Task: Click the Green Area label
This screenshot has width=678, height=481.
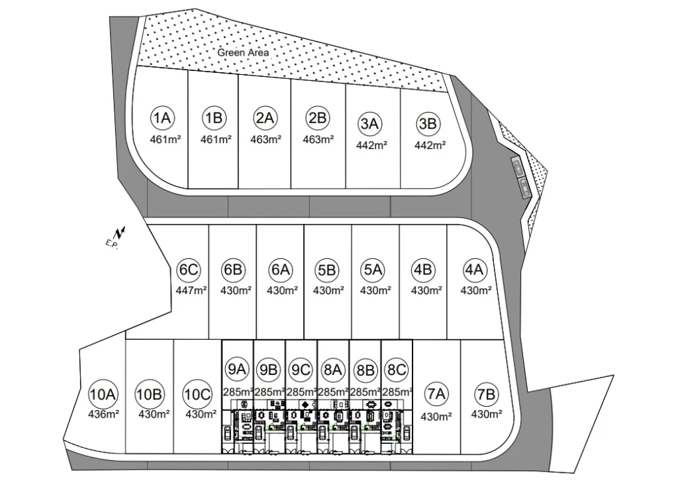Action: [242, 52]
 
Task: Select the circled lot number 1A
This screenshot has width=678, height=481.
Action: [163, 118]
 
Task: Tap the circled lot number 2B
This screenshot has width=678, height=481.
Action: [317, 118]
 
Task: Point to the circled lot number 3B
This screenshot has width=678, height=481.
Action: [428, 124]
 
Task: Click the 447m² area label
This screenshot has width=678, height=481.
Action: [191, 290]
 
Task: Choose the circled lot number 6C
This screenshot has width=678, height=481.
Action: [189, 270]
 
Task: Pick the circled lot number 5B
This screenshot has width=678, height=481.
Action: [326, 270]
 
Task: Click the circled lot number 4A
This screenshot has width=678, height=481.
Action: [474, 270]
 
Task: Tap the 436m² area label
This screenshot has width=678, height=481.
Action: [104, 414]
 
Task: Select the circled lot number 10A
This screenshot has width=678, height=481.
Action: [103, 394]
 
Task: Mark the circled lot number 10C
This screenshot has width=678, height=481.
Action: [197, 394]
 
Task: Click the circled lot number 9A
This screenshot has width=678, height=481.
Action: [237, 369]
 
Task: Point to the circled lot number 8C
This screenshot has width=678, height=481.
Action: [396, 370]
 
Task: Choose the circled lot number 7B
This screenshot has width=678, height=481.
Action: [486, 394]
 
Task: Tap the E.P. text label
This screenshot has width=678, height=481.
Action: [111, 244]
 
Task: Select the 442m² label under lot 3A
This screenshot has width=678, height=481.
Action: [371, 145]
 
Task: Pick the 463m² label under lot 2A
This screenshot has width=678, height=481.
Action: [266, 139]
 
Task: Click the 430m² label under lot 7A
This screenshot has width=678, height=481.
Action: [436, 417]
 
